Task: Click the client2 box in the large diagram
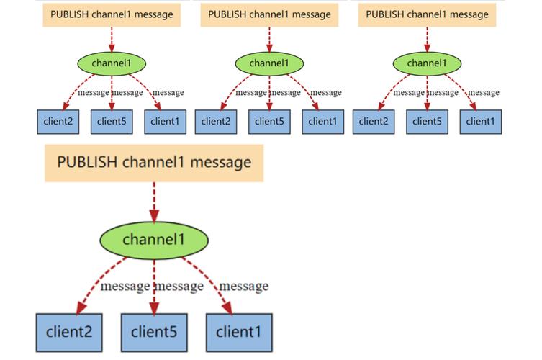coord(70,333)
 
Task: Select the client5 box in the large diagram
coord(154,333)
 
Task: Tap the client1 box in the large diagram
coord(240,333)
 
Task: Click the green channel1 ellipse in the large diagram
coord(154,239)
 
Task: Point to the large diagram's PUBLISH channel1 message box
coord(154,162)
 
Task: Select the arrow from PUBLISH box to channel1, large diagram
coord(154,202)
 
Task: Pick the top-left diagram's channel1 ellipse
coord(112,63)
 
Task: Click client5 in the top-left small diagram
coord(112,121)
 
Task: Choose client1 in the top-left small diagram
coord(165,121)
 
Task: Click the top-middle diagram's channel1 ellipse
coord(269,63)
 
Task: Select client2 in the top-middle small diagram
coord(216,121)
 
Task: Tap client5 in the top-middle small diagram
coord(269,121)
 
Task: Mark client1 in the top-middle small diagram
coord(322,121)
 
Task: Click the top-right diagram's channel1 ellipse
coord(427,63)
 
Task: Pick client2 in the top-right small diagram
coord(374,121)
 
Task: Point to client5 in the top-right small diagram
coord(427,121)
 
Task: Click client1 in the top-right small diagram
coord(480,121)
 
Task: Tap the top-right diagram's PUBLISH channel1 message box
coord(427,14)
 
